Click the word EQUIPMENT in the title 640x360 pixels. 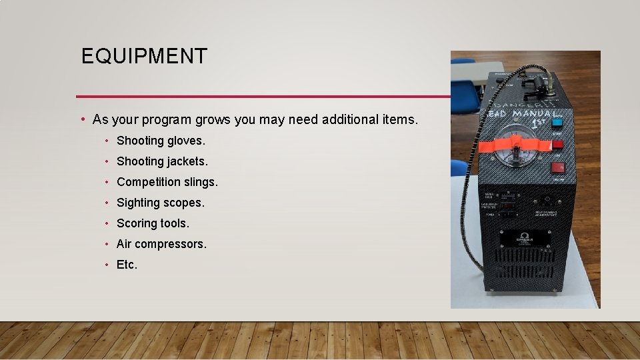[144, 56]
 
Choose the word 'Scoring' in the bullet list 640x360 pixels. [137, 223]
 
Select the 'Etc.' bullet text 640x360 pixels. [127, 265]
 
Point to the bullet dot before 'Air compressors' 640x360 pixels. [107, 244]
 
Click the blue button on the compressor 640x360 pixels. [558, 123]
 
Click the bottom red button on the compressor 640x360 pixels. [559, 167]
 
